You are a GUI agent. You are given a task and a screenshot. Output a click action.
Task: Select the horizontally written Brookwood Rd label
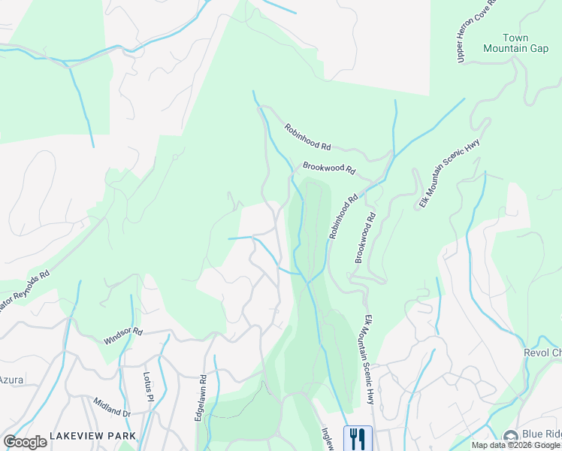[x=328, y=168]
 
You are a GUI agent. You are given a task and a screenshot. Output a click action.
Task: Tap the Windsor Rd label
[x=122, y=336]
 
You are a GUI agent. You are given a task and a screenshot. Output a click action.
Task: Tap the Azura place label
[x=11, y=380]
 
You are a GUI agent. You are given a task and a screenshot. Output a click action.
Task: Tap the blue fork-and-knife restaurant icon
[x=357, y=437]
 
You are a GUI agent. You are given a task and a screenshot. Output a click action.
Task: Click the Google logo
[x=25, y=442]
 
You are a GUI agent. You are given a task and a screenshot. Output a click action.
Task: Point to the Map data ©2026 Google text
[x=515, y=445]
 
